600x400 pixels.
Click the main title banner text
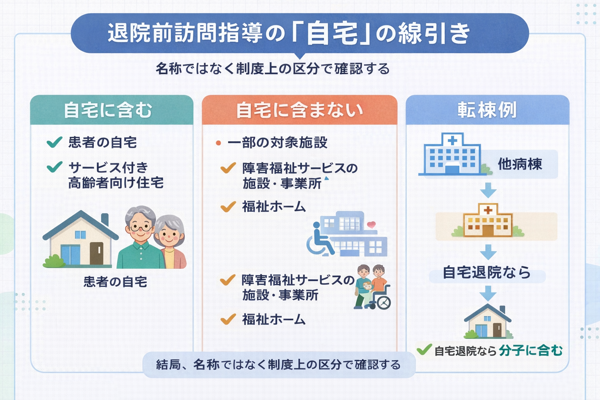point(289,34)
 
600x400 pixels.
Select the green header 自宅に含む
point(108,111)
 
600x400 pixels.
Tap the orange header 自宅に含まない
point(299,111)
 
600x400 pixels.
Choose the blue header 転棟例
point(487,111)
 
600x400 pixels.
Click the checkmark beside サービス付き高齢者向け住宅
point(54,167)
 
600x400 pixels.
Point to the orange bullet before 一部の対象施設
point(218,143)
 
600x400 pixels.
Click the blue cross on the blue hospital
point(452,141)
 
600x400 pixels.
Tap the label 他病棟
point(520,164)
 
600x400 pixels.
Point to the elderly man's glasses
point(140,227)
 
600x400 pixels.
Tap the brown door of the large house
point(96,253)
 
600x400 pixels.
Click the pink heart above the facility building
point(371,225)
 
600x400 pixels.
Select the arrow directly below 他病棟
point(488,191)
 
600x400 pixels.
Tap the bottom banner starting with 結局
point(279,365)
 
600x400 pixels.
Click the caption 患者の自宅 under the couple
point(115,282)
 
